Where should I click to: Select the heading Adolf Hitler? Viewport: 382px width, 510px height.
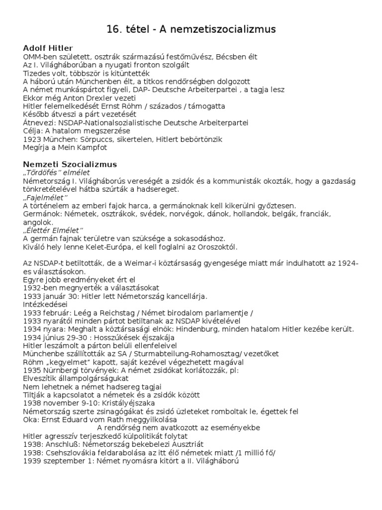tap(48, 48)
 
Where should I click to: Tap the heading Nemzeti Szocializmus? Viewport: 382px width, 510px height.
tap(70, 164)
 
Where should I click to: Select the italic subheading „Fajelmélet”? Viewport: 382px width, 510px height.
tap(43, 197)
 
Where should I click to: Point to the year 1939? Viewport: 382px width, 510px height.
tap(32, 460)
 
